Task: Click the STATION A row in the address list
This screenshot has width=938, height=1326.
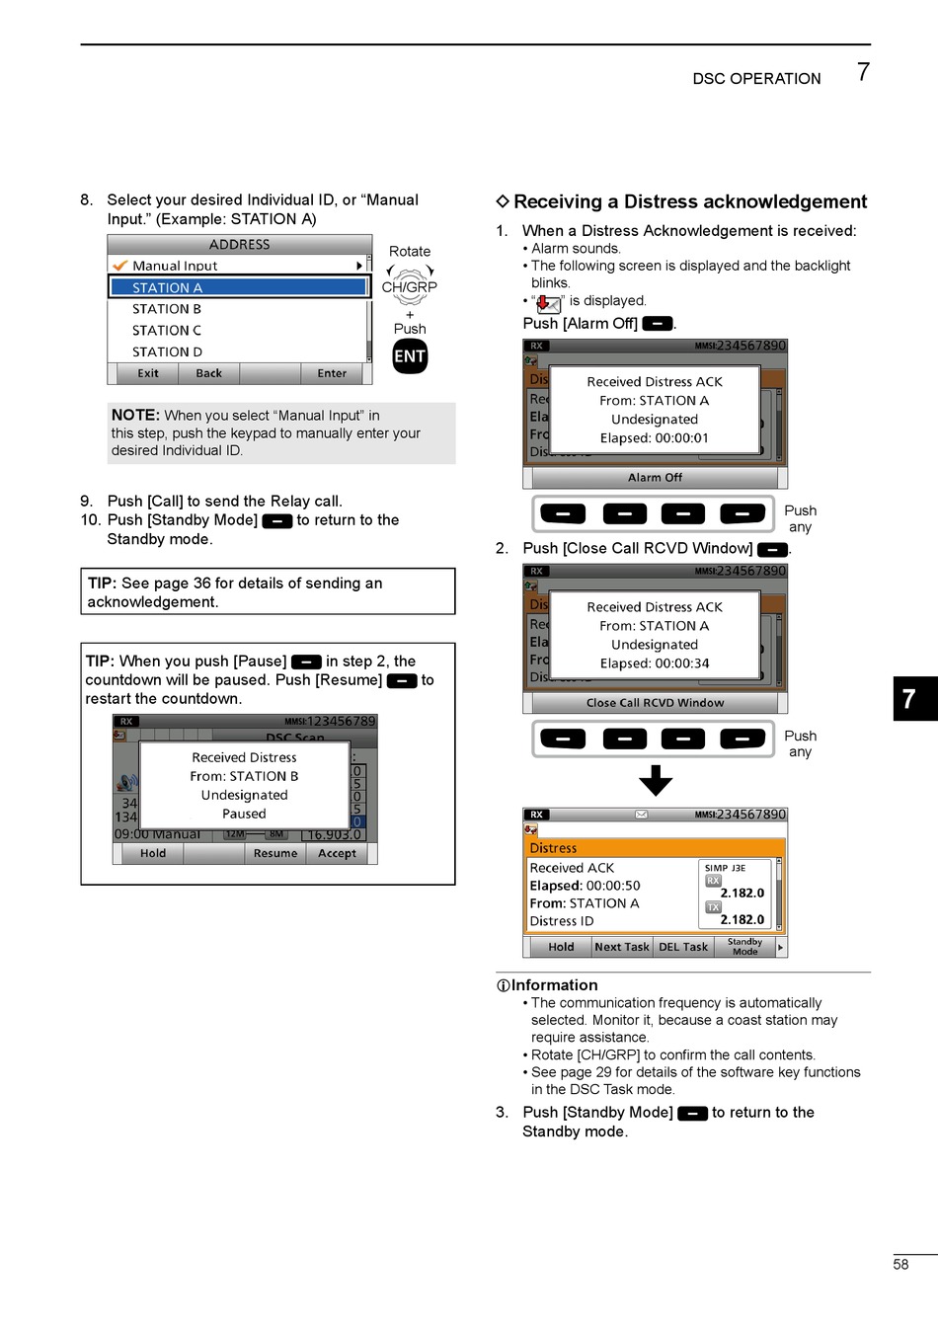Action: coord(238,287)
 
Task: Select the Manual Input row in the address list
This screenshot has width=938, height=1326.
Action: coord(237,266)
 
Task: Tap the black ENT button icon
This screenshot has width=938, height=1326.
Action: coord(410,356)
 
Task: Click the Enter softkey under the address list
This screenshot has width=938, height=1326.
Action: coord(332,373)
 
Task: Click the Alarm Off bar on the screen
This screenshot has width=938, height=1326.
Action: coord(655,478)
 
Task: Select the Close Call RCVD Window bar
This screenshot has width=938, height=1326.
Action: coord(655,703)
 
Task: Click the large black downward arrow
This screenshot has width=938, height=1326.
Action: coord(656,780)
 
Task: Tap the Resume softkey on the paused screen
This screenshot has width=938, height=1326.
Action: coord(274,853)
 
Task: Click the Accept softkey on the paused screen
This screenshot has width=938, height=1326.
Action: coord(337,853)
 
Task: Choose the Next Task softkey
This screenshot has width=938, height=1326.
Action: coord(622,947)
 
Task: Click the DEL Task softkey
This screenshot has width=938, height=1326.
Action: coord(683,947)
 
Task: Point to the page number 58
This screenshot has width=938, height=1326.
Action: coord(900,1264)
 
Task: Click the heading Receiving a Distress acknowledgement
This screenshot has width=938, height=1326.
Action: coord(689,201)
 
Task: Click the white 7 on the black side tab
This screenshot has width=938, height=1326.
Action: coord(909,699)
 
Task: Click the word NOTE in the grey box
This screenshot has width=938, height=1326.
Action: coord(135,415)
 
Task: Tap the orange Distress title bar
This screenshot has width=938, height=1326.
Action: coord(654,848)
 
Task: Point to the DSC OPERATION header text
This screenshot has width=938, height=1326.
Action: coord(756,79)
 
